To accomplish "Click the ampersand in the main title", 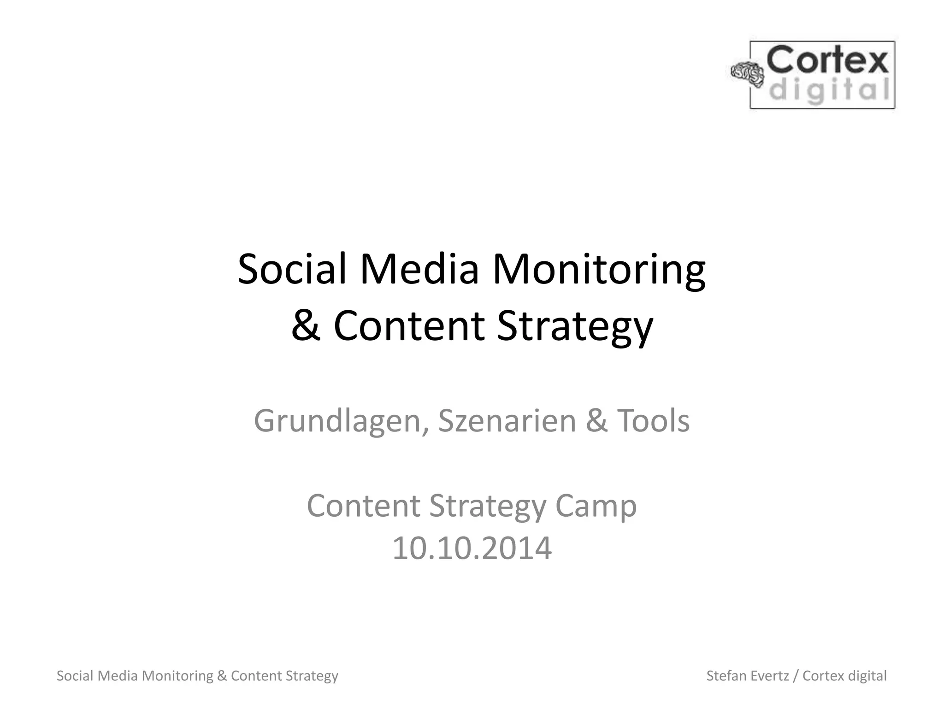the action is (306, 326).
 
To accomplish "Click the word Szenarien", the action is (507, 421).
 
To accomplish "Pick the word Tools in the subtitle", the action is (653, 421).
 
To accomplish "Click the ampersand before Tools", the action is (596, 421).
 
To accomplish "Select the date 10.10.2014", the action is (472, 548).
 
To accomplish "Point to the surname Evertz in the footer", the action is (770, 676).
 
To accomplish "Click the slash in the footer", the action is (796, 676).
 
